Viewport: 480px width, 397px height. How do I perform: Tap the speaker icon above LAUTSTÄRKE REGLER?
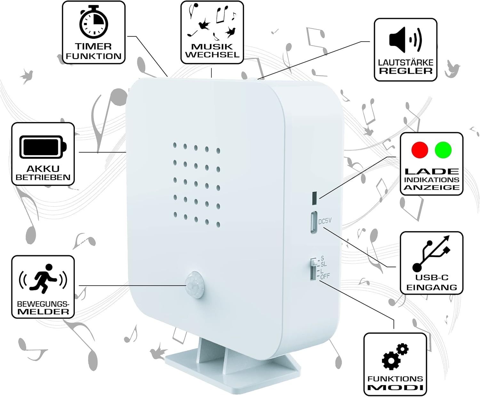pos(405,40)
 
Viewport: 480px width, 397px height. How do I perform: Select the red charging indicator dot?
pos(420,150)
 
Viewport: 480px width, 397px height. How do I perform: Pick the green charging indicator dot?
pos(443,150)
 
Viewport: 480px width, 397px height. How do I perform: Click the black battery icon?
pos(43,147)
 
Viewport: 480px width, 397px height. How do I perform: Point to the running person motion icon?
pos(43,279)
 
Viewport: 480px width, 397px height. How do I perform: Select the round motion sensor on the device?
pos(195,285)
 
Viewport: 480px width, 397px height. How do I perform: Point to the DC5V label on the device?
pos(325,221)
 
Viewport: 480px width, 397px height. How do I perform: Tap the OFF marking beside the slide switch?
pos(325,277)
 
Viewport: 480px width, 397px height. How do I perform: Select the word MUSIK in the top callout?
pos(212,47)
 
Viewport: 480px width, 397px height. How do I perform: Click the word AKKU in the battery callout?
pos(43,169)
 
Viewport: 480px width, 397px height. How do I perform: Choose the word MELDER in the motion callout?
pos(43,312)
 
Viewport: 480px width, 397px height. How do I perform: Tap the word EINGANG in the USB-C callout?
pos(431,287)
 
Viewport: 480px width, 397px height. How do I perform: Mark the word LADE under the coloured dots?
pos(431,171)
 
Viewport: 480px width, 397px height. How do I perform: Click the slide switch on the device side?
pos(313,269)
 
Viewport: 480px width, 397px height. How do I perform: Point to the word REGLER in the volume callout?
pos(406,71)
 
